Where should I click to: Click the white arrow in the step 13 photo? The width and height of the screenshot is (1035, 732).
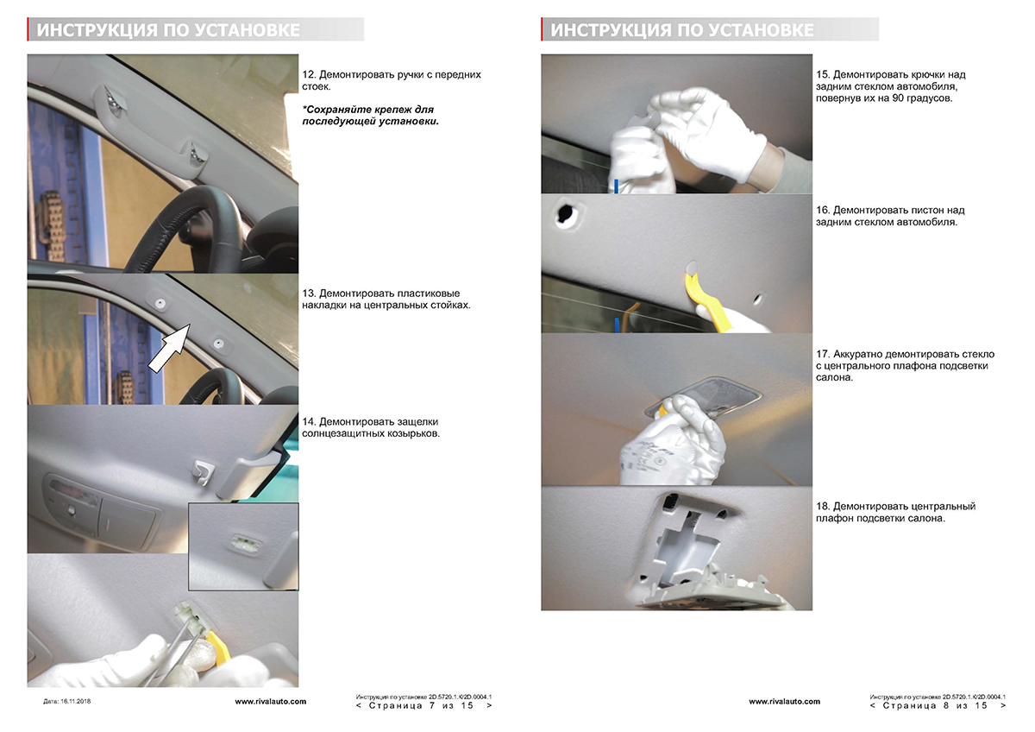[169, 348]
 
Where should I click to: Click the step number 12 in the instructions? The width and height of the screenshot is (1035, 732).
[309, 74]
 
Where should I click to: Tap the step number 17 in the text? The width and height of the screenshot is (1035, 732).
[823, 354]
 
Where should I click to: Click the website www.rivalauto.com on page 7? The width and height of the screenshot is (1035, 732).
[271, 702]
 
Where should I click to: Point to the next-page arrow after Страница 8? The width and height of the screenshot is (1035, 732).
[1002, 705]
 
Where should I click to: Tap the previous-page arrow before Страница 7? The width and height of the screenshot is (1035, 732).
[359, 705]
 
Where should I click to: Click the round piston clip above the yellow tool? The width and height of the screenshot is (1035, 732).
[692, 267]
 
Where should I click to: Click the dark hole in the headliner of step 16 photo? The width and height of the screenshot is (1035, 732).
[566, 214]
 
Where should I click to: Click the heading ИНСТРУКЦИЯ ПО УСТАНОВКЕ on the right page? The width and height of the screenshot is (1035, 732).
[682, 30]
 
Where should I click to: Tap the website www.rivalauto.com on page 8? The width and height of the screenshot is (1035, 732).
[785, 702]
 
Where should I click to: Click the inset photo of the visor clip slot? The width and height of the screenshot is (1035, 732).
[243, 546]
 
